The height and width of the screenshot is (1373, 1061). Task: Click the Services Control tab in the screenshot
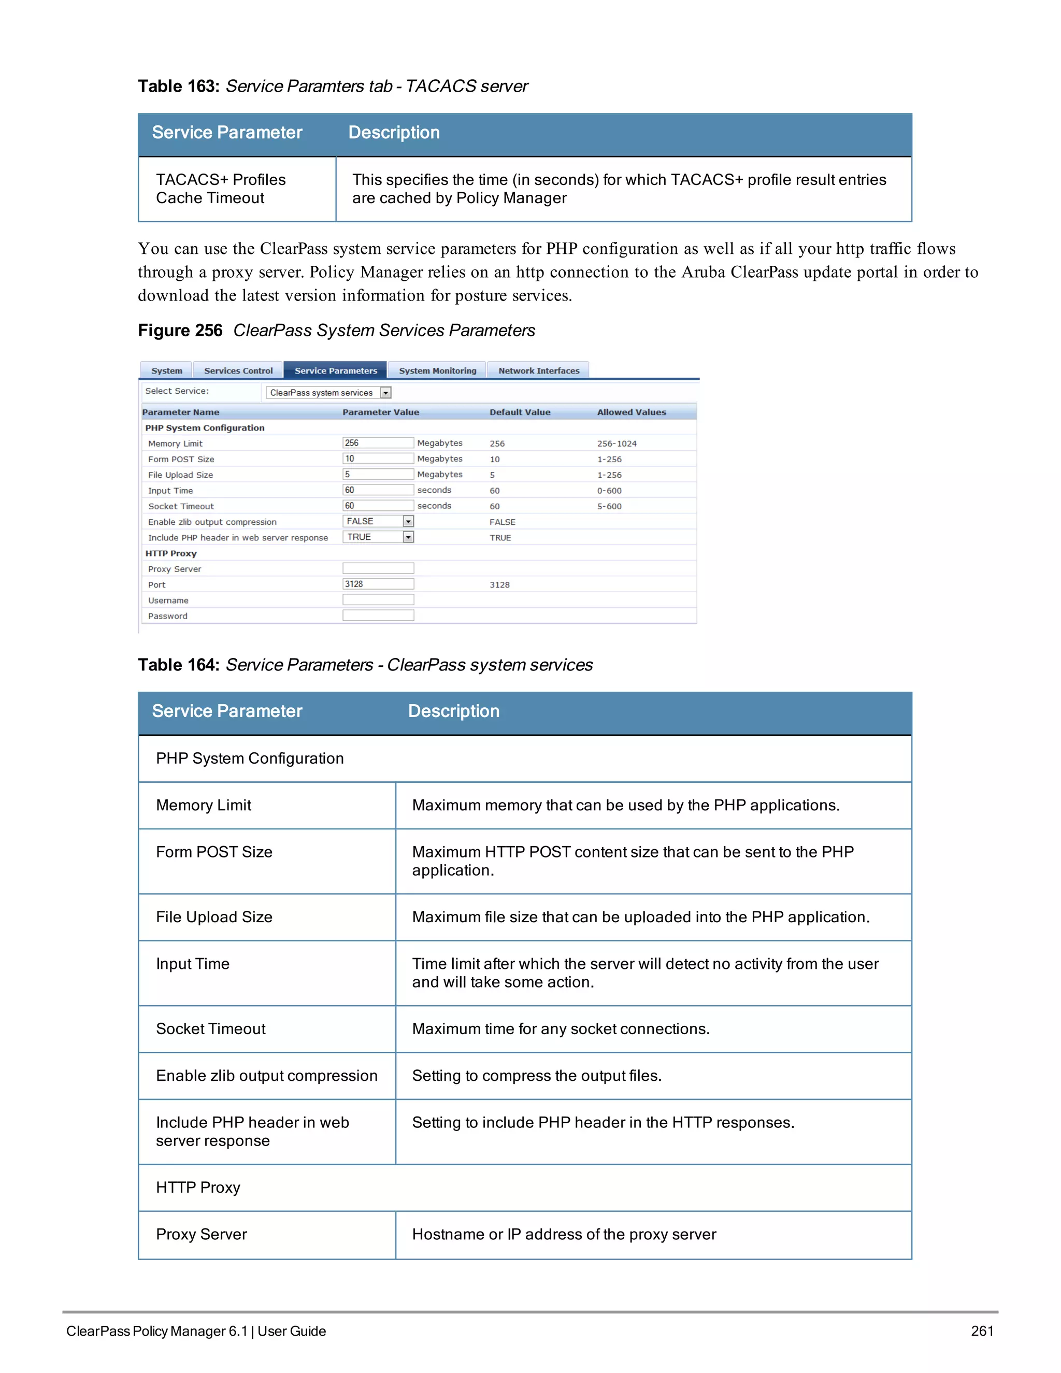point(238,371)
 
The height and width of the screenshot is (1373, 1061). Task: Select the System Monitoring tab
point(437,371)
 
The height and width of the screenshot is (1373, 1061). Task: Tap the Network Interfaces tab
point(539,371)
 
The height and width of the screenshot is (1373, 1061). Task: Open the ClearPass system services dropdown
point(329,393)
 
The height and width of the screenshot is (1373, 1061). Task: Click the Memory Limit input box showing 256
point(378,443)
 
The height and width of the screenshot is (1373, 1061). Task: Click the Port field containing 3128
point(378,584)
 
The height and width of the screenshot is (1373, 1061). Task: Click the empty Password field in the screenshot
point(378,616)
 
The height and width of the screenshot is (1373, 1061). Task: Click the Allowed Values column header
point(631,412)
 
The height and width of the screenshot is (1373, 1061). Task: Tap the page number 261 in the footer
point(982,1331)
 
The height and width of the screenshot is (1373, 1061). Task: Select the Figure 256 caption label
point(180,331)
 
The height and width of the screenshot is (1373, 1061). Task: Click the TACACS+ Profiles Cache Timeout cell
point(221,189)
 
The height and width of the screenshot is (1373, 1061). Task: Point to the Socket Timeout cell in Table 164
point(210,1029)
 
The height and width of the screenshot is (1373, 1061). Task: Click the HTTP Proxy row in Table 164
point(198,1188)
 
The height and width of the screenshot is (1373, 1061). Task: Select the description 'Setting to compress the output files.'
point(537,1076)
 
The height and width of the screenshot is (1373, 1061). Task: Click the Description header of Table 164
point(453,711)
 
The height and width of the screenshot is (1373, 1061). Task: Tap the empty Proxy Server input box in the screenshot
point(378,568)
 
